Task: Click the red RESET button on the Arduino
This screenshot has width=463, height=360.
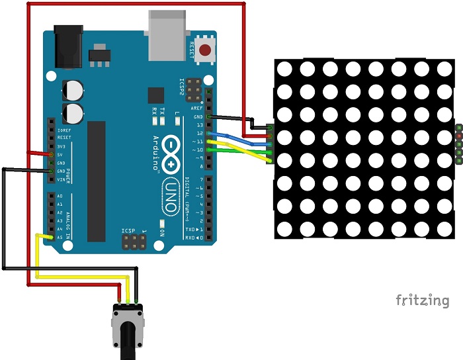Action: point(206,50)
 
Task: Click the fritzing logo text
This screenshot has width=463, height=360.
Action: point(422,300)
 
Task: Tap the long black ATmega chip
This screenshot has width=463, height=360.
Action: point(97,181)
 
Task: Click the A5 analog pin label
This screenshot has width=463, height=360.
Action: point(60,237)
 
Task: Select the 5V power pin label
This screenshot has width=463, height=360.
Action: point(60,154)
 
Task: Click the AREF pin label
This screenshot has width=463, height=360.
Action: point(196,107)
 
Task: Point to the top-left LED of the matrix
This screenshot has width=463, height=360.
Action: point(285,68)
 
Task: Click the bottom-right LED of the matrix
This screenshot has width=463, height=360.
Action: point(444,230)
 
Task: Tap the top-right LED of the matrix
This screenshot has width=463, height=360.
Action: point(444,68)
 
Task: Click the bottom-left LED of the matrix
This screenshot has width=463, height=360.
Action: point(285,230)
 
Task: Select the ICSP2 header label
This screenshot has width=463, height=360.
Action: point(183,87)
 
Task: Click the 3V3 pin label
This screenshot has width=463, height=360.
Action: point(60,146)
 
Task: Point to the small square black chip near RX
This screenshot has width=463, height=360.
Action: point(156,95)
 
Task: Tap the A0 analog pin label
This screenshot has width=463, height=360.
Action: point(60,197)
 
